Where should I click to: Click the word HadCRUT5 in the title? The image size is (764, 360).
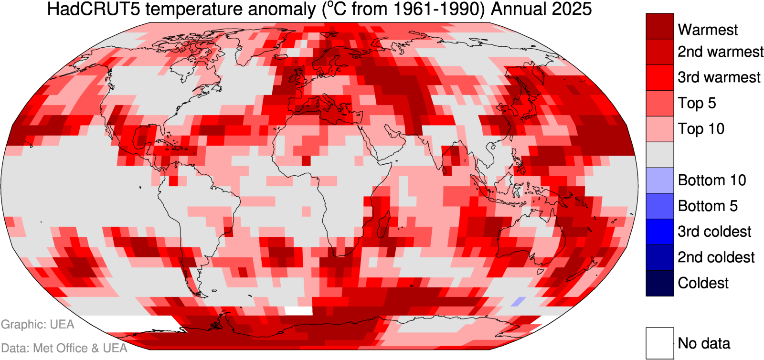[94, 9]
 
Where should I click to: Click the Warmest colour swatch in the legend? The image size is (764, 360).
[659, 26]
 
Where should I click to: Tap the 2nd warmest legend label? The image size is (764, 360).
[720, 52]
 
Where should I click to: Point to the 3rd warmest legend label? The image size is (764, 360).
[719, 77]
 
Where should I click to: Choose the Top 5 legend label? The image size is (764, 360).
[697, 103]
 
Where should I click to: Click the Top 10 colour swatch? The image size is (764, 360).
[659, 129]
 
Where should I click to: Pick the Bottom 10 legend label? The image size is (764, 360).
[711, 180]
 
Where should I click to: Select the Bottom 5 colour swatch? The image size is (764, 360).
[659, 206]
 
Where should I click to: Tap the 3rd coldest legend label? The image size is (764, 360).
[714, 232]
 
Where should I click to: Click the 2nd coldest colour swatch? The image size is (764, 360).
[659, 257]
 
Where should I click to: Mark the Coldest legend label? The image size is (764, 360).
[703, 283]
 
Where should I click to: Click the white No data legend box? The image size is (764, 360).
[659, 343]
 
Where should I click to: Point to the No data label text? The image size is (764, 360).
[704, 343]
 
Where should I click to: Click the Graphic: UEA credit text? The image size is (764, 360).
[38, 325]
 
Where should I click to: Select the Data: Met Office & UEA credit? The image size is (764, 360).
[64, 348]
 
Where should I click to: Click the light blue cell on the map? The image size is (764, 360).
[518, 302]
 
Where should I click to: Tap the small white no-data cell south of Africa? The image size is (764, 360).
[298, 310]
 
